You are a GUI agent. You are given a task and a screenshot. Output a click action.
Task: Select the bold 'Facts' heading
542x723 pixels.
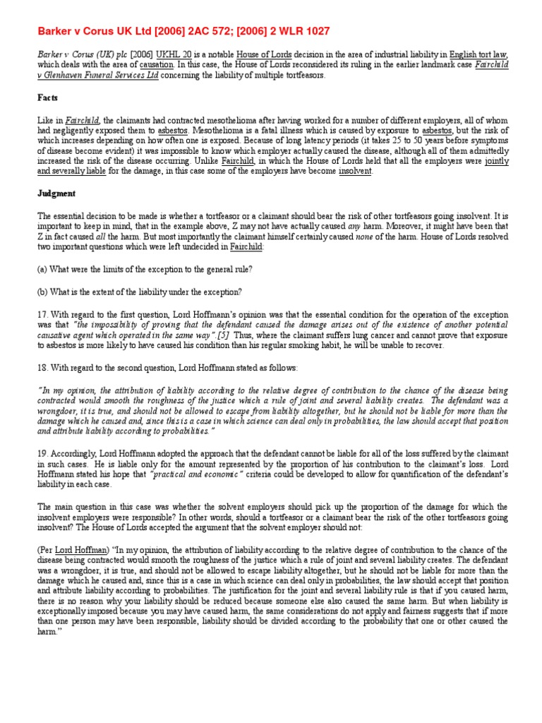[x=48, y=97]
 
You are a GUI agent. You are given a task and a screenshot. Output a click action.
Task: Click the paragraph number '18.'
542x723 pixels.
[x=44, y=368]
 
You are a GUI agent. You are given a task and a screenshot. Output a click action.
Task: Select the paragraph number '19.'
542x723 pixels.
[x=44, y=453]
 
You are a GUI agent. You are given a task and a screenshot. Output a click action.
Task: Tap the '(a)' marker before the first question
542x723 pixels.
[x=44, y=269]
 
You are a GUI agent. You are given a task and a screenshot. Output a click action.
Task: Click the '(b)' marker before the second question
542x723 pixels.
[x=44, y=292]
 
